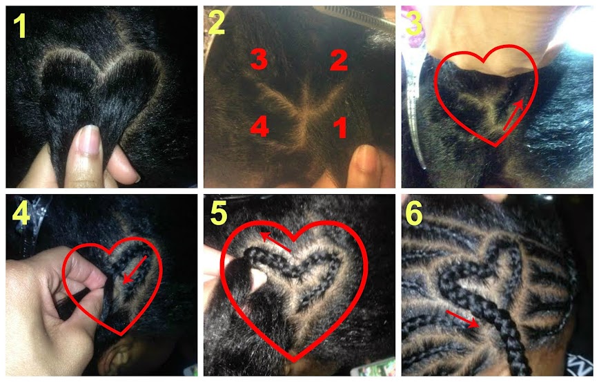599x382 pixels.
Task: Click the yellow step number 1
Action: (x=20, y=26)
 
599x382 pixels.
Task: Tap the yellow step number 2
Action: (x=217, y=23)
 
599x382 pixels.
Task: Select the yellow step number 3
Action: (x=415, y=23)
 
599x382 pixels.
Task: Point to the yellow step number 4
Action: (x=21, y=213)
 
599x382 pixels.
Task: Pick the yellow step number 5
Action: (x=219, y=213)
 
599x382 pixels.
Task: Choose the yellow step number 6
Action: (x=414, y=213)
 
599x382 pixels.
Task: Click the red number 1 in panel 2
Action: (x=340, y=128)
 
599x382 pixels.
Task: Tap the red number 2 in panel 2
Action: (x=339, y=60)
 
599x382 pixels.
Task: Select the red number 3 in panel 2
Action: (x=259, y=60)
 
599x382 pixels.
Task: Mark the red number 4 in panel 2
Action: (x=259, y=126)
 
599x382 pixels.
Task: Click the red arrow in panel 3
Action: (x=513, y=115)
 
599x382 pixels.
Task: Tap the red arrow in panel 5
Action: (x=275, y=242)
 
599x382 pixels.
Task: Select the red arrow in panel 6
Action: (x=462, y=319)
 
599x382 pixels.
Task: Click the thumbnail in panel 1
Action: (x=88, y=140)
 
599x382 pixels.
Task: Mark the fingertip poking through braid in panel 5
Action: (x=259, y=278)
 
